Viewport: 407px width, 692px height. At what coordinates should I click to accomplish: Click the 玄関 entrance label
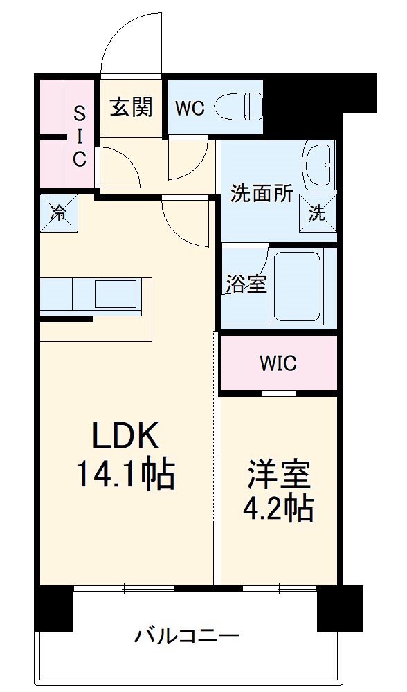[132, 108]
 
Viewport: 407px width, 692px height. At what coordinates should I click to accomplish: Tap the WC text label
[189, 109]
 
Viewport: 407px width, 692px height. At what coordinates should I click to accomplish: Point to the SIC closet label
[80, 136]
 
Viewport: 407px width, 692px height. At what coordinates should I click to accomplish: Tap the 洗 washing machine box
[317, 213]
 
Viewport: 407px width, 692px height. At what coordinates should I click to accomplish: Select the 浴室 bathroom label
[246, 284]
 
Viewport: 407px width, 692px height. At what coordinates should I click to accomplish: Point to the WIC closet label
[278, 363]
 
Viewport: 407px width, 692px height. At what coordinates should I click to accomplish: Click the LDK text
[127, 437]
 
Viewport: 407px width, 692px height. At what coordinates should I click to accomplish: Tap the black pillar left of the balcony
[54, 608]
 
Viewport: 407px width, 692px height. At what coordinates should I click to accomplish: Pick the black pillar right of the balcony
[340, 608]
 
